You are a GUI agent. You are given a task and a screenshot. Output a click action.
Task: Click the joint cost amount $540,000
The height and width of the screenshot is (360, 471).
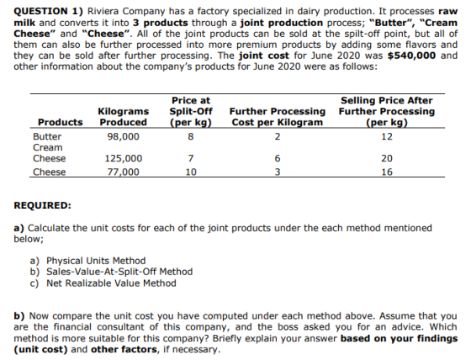411,56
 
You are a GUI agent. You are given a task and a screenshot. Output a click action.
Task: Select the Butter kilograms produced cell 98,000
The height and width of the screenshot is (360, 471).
124,137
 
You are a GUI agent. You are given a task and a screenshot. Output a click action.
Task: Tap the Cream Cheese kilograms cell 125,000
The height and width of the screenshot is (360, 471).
124,158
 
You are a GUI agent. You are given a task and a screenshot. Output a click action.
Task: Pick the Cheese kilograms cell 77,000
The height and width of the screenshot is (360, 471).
124,172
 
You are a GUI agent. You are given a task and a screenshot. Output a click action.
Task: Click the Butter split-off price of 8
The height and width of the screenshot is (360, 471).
190,137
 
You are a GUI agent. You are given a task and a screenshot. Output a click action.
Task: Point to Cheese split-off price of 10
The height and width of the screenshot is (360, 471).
191,172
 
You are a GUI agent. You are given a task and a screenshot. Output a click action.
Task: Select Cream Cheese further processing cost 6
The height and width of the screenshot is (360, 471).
278,158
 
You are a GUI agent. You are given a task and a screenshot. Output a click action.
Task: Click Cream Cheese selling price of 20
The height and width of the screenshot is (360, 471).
387,158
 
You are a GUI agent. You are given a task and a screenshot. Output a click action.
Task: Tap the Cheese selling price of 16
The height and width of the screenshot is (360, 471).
387,172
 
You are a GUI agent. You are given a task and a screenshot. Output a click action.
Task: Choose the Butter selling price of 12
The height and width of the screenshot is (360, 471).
387,137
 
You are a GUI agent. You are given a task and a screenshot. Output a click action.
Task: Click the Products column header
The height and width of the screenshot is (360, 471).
60,122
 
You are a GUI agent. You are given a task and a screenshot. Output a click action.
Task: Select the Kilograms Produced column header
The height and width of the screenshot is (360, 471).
124,117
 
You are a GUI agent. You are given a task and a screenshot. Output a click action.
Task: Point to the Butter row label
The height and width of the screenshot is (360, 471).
47,137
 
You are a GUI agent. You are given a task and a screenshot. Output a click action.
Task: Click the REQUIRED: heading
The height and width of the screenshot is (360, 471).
42,205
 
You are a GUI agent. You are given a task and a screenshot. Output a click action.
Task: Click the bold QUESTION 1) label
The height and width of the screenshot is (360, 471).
49,12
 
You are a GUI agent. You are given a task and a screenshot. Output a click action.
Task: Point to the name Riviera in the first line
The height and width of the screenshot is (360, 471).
103,12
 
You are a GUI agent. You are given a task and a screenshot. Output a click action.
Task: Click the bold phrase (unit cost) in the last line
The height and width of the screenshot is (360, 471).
40,349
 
